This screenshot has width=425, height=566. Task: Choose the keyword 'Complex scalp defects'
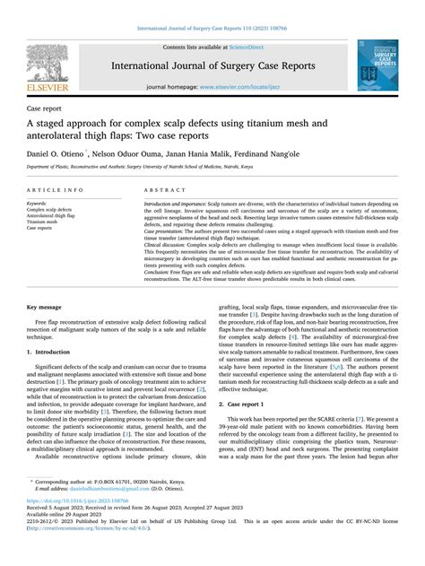[54, 209]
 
